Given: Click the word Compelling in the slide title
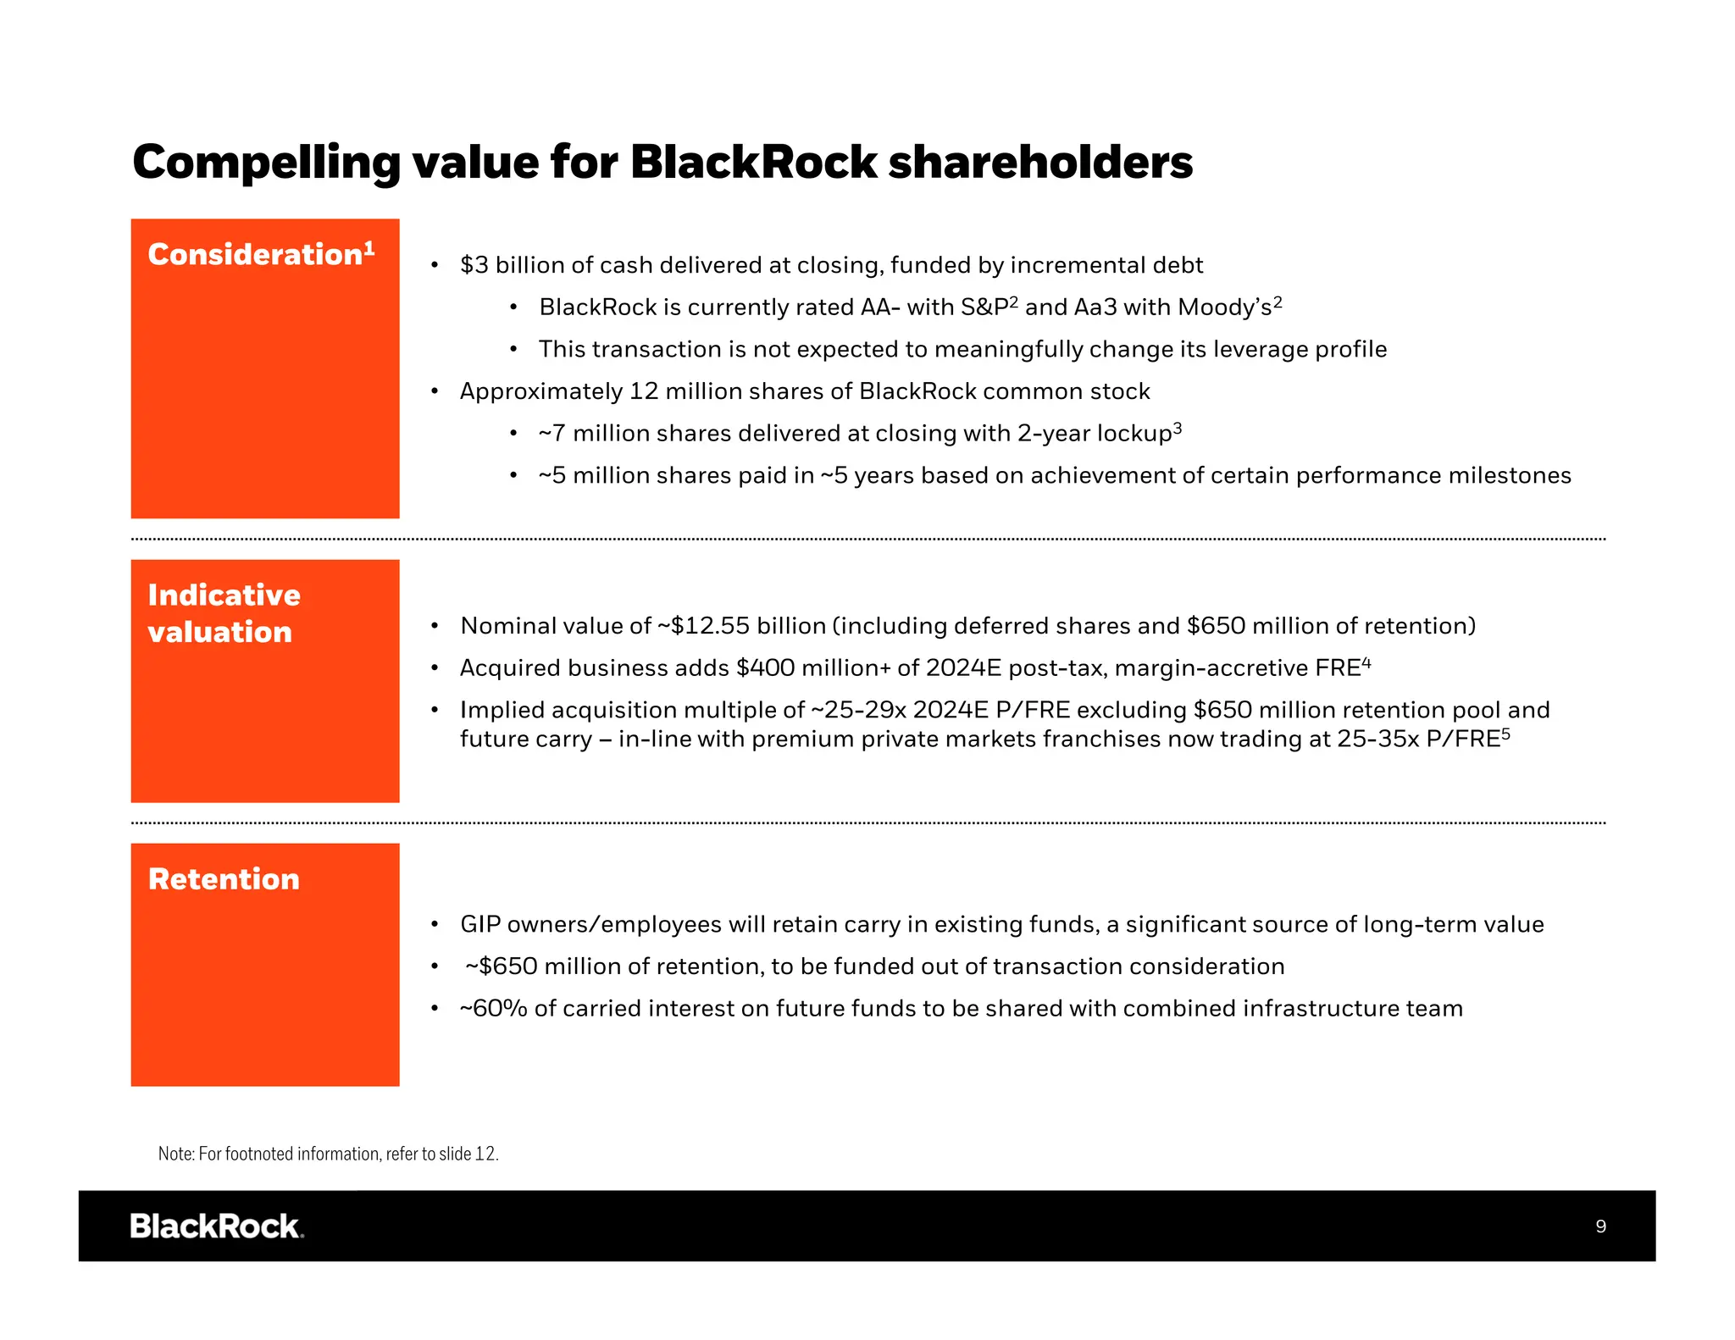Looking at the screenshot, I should tap(265, 163).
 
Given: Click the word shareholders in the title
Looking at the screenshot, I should tap(1039, 163).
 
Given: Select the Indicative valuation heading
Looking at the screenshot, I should tap(224, 613).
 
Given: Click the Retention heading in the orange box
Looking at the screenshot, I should tap(224, 879).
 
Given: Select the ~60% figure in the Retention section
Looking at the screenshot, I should tap(493, 1009).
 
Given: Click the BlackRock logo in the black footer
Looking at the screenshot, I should tap(217, 1226).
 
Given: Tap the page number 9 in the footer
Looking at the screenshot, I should tap(1600, 1226).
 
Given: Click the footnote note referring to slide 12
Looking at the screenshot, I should tap(328, 1154).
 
